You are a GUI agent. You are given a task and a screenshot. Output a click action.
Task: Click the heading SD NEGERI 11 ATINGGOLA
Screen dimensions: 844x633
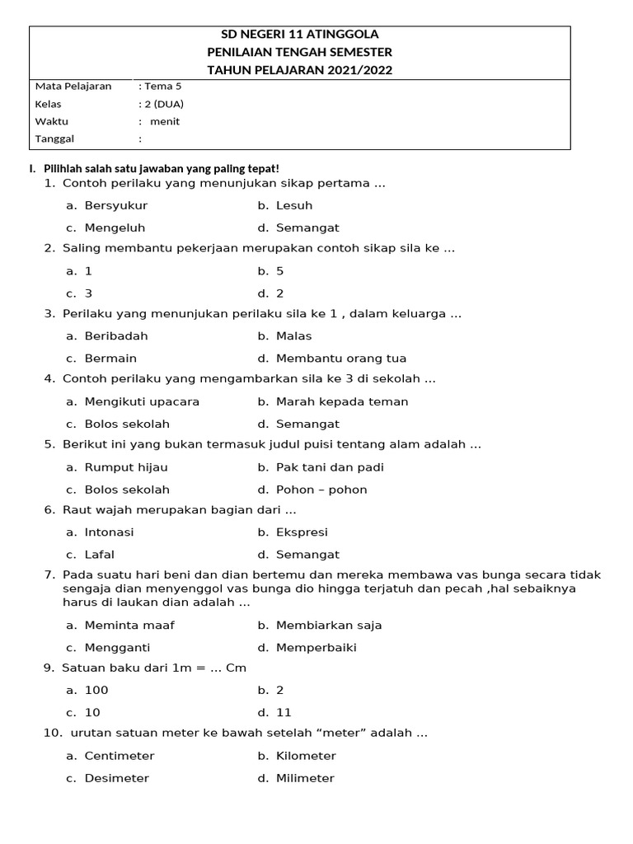pos(300,35)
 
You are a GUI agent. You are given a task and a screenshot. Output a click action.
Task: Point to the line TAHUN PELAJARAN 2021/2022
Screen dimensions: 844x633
pos(300,70)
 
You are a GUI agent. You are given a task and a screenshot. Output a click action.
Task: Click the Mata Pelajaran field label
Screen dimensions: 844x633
pos(73,87)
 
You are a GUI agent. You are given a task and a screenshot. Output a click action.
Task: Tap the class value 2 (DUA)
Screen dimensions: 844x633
pos(164,104)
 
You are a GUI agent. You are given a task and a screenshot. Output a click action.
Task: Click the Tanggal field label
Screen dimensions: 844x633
pos(54,138)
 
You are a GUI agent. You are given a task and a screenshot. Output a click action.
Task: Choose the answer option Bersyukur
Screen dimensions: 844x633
pos(115,205)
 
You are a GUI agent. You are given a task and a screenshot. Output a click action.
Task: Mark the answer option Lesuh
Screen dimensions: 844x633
pos(294,205)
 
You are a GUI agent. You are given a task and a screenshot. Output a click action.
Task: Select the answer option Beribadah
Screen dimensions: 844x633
pos(116,335)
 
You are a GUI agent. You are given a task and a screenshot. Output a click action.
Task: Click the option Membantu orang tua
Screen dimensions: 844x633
pos(341,359)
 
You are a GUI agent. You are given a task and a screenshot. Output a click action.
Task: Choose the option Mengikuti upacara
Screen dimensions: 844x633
pos(142,401)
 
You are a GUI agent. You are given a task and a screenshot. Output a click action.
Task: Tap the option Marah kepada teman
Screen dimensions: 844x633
pos(342,401)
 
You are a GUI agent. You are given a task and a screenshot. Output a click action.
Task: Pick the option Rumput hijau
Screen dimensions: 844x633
pos(126,467)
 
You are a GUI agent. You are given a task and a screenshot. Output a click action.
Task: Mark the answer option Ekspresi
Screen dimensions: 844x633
pos(302,532)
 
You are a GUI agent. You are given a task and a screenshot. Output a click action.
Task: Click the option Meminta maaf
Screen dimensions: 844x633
pos(129,625)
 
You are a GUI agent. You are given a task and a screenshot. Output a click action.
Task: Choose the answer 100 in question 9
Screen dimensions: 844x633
pos(96,690)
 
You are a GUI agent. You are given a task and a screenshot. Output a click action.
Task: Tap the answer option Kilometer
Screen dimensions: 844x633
pos(306,756)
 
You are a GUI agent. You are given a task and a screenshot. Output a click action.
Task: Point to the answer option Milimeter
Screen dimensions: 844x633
pos(305,778)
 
